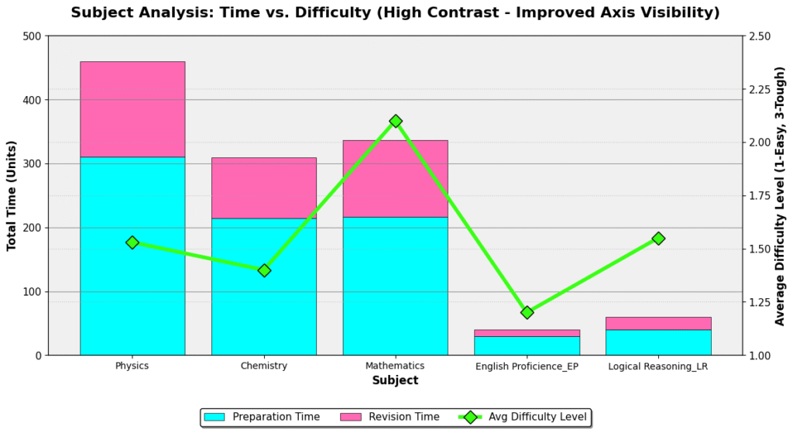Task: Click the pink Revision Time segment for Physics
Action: point(132,109)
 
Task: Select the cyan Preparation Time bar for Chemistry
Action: point(264,287)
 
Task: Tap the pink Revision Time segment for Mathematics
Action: point(396,178)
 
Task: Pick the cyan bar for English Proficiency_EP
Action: point(527,345)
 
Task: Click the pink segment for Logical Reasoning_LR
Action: point(658,323)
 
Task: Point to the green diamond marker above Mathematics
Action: point(396,121)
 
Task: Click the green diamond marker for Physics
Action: point(132,242)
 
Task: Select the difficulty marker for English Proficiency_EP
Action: point(527,312)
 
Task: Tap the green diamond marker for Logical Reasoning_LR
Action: point(658,239)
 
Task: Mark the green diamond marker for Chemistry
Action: point(264,270)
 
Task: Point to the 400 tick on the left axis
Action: point(32,100)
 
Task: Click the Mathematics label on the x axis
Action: point(396,366)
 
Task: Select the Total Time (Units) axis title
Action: point(12,195)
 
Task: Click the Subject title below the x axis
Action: point(395,380)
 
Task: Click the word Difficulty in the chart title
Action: point(308,12)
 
